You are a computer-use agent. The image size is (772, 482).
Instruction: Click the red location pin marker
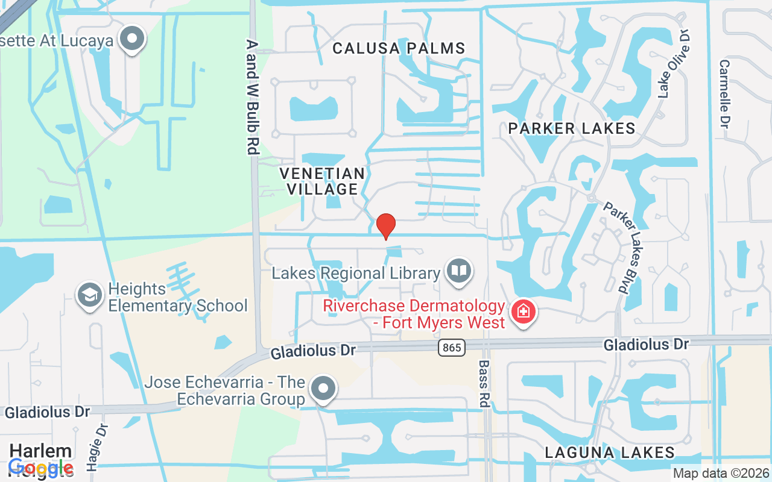386,227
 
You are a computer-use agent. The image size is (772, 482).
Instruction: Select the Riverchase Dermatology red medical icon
522,312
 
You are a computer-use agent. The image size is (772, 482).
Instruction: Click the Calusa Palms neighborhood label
399,48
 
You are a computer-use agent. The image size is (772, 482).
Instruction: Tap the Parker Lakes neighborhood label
571,128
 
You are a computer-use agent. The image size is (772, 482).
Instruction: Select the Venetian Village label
322,181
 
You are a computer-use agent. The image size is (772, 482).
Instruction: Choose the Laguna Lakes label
609,452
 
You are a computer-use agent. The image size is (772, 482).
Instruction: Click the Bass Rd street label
484,384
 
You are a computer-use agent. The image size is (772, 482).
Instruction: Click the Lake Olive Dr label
674,63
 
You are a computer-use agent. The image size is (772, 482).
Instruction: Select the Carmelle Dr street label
724,93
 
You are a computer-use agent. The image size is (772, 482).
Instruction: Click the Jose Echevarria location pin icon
323,389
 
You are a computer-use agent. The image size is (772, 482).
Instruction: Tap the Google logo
41,467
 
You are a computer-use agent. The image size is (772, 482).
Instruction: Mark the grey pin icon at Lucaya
131,40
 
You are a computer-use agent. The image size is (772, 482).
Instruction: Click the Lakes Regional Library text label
356,273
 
